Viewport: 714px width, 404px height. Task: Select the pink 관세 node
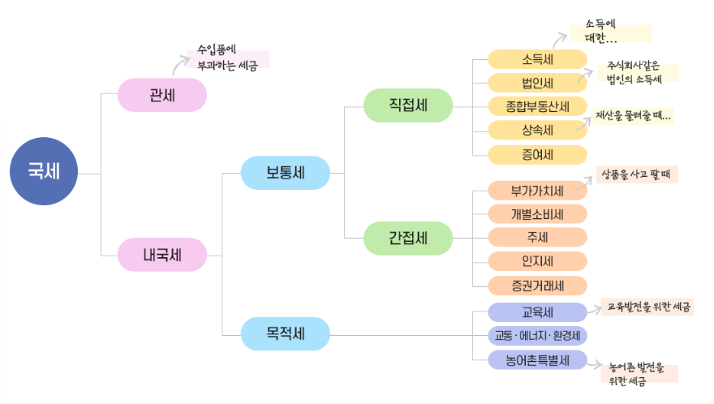coord(162,95)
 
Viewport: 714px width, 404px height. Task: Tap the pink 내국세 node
coord(162,254)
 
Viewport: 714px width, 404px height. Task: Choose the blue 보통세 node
coord(286,172)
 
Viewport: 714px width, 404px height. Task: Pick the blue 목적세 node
coord(286,333)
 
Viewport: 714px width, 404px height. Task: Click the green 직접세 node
coord(408,105)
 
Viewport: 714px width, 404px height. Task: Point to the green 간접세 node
coord(408,238)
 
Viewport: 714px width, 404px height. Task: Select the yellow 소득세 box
coord(537,59)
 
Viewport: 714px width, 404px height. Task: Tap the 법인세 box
coord(537,83)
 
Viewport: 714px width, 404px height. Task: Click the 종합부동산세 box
coord(537,106)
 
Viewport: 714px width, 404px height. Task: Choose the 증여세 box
coord(537,154)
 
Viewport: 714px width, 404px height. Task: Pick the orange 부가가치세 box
coord(537,191)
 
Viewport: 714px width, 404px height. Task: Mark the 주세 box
coord(537,238)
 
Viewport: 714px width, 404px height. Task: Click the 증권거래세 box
coord(537,286)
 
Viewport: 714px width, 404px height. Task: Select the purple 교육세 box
coord(537,312)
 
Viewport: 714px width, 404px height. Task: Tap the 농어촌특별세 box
coord(537,359)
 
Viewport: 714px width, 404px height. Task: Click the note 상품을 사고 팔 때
coord(637,174)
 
